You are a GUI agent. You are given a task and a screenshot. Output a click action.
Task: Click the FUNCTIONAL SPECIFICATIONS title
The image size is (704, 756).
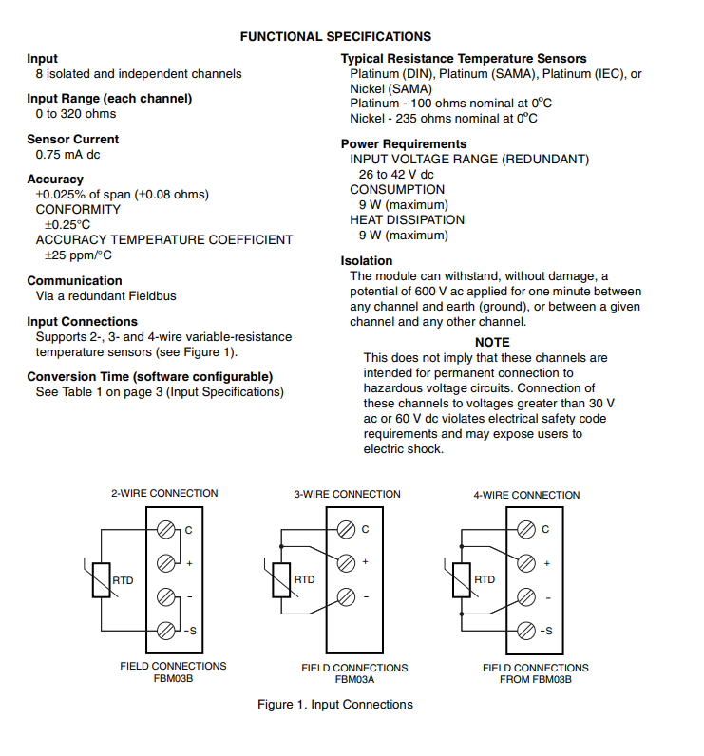335,37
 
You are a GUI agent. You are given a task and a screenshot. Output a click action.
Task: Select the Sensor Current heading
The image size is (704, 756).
73,140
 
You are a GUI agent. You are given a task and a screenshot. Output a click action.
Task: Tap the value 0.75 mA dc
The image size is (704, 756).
68,155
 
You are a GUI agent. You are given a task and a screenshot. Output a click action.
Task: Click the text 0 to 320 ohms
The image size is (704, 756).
76,114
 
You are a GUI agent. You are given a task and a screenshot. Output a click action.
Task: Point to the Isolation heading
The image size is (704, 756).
367,261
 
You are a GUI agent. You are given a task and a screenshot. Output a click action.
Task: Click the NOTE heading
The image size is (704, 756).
492,342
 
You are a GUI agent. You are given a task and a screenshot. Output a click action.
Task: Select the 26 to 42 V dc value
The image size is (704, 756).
396,175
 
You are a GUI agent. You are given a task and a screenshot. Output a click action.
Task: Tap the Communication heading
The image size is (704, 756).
75,280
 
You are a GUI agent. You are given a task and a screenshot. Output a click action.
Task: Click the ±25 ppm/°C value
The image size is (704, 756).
78,255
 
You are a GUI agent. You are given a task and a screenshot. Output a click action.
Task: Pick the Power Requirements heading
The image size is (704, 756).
404,144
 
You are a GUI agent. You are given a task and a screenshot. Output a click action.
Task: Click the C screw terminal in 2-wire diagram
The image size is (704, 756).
166,530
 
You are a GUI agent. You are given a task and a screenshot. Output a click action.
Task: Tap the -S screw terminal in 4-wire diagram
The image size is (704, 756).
526,631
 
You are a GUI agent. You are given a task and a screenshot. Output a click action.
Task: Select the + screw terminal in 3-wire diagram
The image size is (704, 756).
346,562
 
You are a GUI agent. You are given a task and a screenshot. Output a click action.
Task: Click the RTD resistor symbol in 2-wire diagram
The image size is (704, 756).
102,580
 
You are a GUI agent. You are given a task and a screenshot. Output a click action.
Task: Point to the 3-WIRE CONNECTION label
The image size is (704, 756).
347,494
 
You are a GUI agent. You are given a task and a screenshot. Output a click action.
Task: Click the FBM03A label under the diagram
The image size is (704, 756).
355,679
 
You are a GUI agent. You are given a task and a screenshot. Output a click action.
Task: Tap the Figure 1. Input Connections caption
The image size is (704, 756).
335,705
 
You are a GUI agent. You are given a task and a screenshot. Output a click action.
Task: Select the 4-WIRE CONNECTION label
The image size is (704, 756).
526,495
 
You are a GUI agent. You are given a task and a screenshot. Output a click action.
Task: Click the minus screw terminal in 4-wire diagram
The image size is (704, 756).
526,597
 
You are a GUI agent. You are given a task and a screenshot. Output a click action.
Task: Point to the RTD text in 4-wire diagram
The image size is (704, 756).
485,579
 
